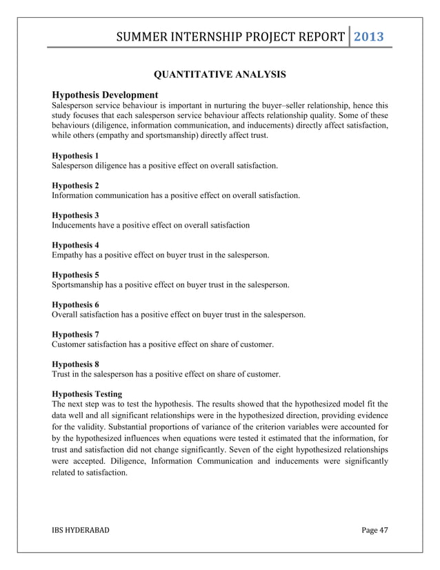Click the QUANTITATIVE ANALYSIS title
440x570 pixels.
[x=219, y=74]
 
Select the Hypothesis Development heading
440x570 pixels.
[x=106, y=95]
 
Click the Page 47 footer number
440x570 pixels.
[x=375, y=529]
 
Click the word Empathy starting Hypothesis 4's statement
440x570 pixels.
[x=69, y=255]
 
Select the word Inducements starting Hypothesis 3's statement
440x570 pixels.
[x=76, y=226]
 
